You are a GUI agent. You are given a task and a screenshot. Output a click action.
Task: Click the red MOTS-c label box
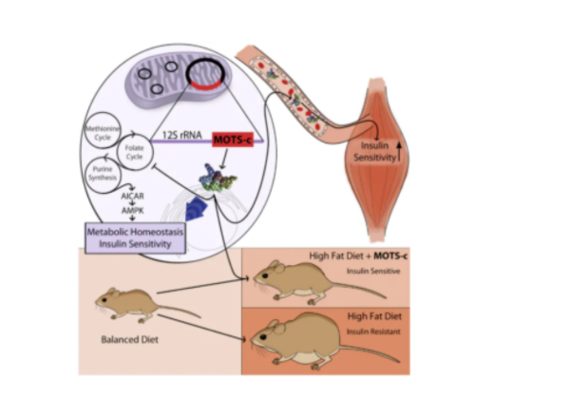click(237, 141)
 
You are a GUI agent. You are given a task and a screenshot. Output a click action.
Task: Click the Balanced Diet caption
click(127, 338)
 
